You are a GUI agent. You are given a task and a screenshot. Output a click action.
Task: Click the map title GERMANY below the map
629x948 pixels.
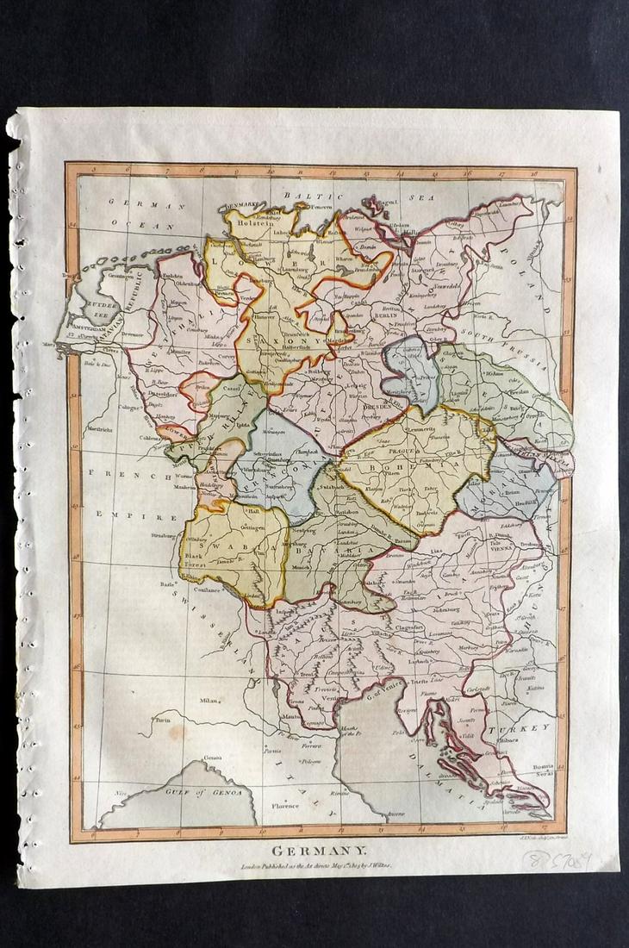pyautogui.click(x=315, y=850)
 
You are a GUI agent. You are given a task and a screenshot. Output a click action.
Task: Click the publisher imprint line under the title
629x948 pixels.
pyautogui.click(x=315, y=864)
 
